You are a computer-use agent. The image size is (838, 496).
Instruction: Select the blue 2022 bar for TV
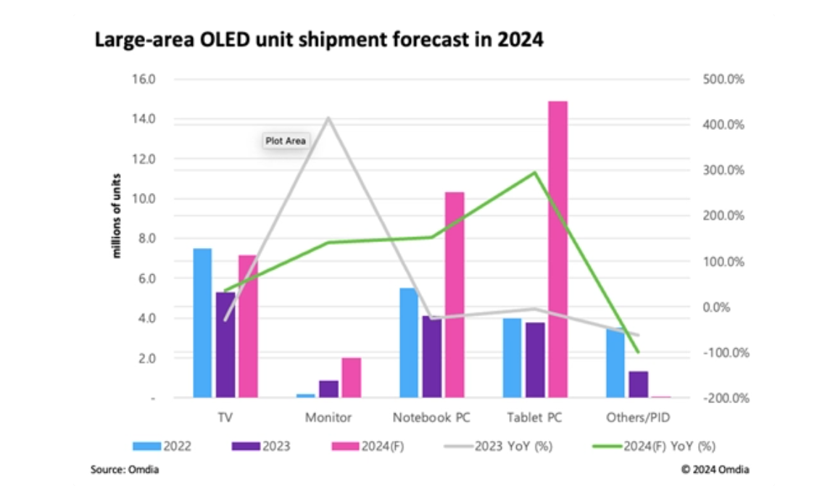[x=202, y=323]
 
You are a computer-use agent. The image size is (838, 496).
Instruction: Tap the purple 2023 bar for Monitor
[x=328, y=389]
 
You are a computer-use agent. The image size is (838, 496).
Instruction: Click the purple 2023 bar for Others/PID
[x=639, y=384]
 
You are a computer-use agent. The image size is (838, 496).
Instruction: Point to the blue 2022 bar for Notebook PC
[x=409, y=342]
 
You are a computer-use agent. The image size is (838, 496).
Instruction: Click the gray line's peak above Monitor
[x=329, y=117]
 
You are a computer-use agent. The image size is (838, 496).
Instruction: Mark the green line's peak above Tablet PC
[x=534, y=173]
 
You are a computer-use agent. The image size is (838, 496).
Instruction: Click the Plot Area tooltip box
[x=286, y=141]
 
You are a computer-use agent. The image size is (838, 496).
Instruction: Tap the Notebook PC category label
[x=431, y=418]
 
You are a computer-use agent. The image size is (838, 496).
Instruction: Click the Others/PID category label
[x=638, y=418]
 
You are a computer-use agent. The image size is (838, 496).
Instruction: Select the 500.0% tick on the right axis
[x=724, y=79]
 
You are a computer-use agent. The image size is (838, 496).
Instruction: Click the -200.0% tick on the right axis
[x=723, y=398]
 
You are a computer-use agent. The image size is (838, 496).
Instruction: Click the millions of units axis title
[x=115, y=216]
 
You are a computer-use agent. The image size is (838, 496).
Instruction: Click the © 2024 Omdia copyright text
[x=715, y=470]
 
